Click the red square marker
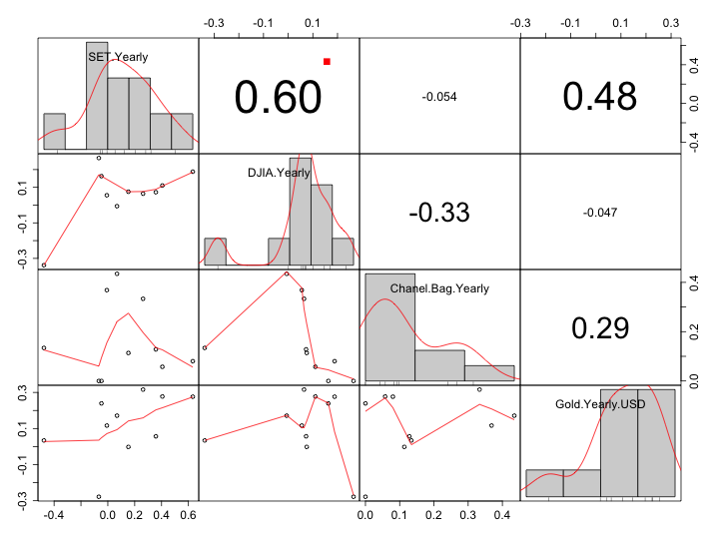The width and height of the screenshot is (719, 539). (x=327, y=62)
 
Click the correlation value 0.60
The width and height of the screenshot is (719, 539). (x=279, y=97)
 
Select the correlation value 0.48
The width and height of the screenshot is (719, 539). (x=599, y=96)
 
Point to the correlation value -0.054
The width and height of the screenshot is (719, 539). (x=439, y=97)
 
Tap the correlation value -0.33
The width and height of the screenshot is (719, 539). (x=439, y=212)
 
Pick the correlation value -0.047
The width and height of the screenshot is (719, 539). (x=599, y=212)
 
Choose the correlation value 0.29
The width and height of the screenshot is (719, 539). (x=599, y=327)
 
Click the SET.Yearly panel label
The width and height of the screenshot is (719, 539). (x=118, y=57)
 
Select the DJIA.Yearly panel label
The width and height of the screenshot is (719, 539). (x=279, y=173)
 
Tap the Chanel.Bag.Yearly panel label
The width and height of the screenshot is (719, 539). (x=439, y=288)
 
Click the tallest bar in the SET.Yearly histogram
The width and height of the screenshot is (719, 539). (x=97, y=95)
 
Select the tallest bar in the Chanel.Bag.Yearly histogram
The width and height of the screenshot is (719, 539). (x=389, y=326)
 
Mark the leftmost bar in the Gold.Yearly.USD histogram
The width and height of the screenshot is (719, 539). (x=544, y=482)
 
